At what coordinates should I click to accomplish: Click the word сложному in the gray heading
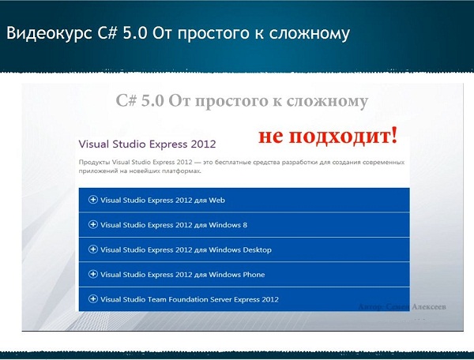coord(333,100)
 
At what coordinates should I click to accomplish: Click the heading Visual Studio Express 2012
coord(148,145)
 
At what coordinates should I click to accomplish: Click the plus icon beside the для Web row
coord(93,200)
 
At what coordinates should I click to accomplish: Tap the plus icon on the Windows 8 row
coord(93,224)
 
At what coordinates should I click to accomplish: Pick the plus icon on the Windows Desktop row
coord(93,249)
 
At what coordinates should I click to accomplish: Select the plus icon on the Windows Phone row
coord(93,274)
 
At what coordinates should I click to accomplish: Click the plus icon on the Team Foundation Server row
coord(93,299)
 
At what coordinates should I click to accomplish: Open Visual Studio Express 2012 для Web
coord(157,200)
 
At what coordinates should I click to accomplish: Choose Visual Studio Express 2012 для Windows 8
coord(174,225)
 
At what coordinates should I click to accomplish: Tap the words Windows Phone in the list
coord(236,275)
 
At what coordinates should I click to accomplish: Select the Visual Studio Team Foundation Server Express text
coord(189,299)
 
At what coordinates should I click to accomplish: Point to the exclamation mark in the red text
coord(393,134)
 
